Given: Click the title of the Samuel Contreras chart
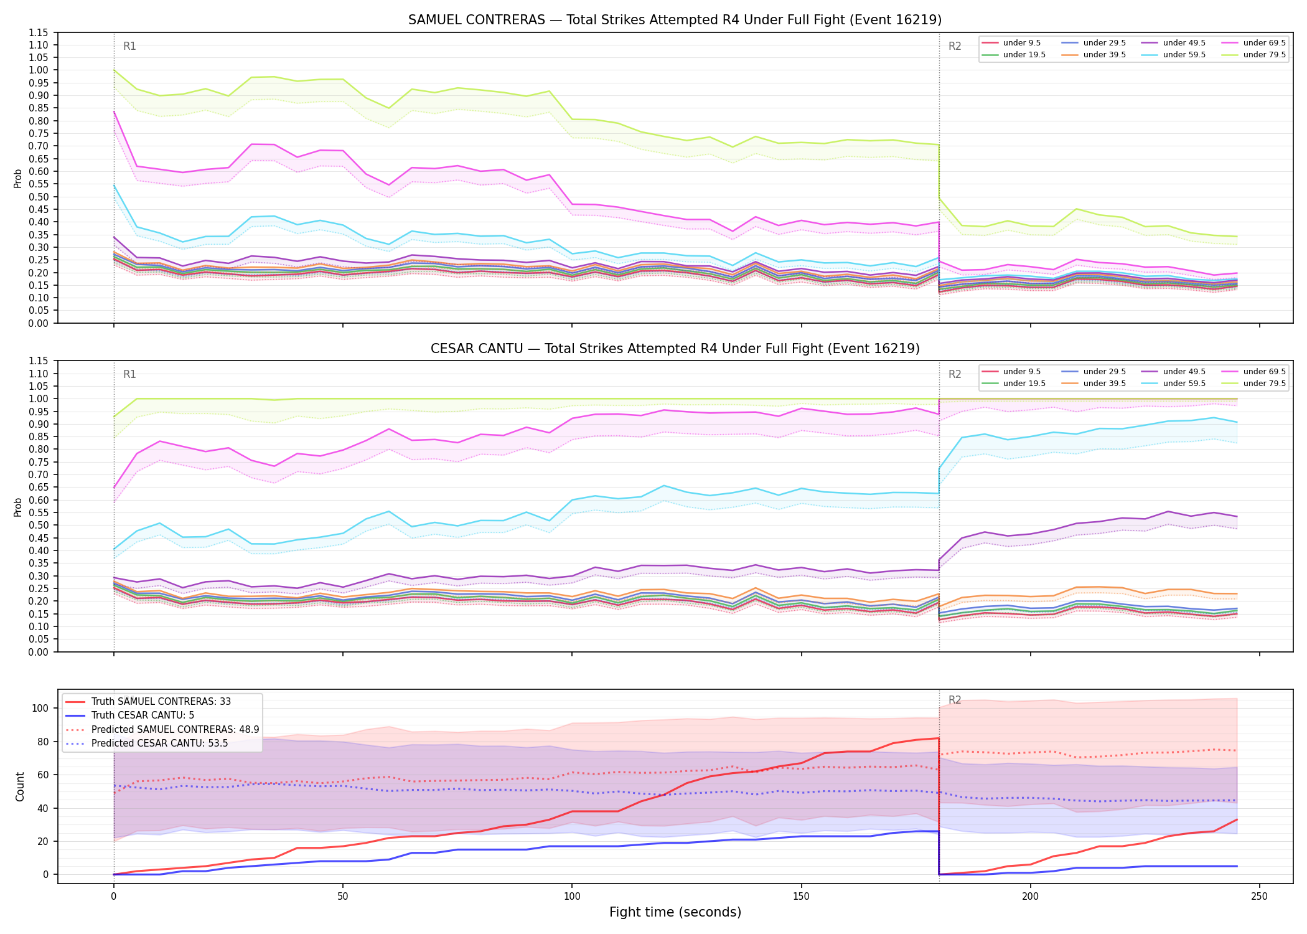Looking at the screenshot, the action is (x=675, y=20).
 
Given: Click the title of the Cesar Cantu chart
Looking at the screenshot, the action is (x=675, y=349).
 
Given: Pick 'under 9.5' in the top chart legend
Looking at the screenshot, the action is (x=1021, y=43).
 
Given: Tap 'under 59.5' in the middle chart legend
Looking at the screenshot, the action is (x=1184, y=384).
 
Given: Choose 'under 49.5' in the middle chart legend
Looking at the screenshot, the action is (x=1184, y=372).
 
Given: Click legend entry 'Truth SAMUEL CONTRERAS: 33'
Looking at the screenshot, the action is (x=161, y=702).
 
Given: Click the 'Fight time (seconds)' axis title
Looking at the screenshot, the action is (x=675, y=912).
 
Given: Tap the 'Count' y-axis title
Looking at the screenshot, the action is (x=20, y=786).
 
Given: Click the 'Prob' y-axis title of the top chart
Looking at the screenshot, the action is (x=18, y=178).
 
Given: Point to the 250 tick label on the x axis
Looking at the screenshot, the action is (x=1259, y=897).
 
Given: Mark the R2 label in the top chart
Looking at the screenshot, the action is (x=955, y=46).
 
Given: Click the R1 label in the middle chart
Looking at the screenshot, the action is (x=129, y=374).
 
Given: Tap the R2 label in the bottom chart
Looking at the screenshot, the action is (x=955, y=700).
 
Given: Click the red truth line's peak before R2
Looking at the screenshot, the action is (x=938, y=738).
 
